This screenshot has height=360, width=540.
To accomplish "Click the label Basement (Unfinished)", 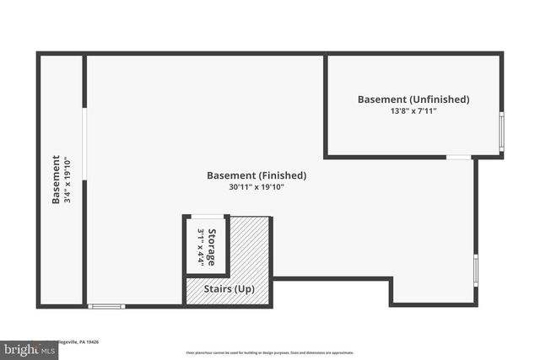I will [x=413, y=99].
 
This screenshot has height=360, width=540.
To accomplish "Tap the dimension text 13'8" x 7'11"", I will [x=413, y=111].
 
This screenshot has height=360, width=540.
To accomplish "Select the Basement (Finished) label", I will [x=256, y=175].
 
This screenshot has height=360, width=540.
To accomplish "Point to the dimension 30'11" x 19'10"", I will [x=256, y=187].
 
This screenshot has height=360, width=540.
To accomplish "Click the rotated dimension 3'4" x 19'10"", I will [x=67, y=180].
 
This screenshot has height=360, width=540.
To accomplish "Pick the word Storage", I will [x=213, y=247].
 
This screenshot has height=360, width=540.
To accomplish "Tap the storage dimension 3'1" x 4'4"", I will [x=201, y=247].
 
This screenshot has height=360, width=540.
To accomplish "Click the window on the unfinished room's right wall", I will [x=501, y=131].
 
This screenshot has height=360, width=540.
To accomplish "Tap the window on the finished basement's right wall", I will [x=476, y=270].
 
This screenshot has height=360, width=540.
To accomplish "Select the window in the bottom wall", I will [x=106, y=305].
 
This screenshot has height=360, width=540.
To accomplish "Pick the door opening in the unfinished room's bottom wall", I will [x=459, y=157].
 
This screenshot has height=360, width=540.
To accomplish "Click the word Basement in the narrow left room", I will [x=56, y=180].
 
